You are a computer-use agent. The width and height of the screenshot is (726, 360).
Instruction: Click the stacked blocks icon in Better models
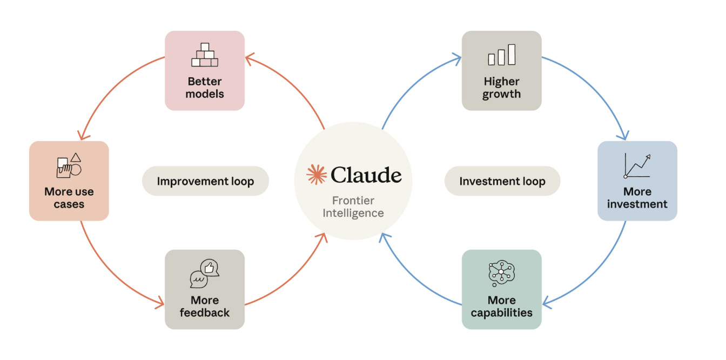[x=205, y=55]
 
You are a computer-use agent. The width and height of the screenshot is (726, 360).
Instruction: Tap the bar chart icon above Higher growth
[x=501, y=55]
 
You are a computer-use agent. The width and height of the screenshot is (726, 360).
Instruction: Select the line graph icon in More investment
[x=637, y=165]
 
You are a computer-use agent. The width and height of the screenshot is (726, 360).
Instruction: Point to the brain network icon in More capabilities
[x=501, y=274]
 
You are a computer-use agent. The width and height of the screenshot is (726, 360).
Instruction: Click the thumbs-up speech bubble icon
[x=205, y=274]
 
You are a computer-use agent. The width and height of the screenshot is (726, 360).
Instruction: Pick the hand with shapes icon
[x=69, y=165]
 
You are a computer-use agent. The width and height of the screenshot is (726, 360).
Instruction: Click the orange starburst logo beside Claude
[x=317, y=175]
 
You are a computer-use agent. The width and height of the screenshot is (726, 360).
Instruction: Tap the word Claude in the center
[x=366, y=175]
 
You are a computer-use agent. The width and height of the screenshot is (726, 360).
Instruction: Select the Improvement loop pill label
[x=205, y=181]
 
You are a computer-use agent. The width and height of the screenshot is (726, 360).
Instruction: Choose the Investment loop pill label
[x=502, y=181]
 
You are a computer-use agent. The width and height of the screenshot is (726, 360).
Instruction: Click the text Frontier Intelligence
[x=353, y=206]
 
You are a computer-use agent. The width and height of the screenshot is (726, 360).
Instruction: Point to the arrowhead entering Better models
[x=249, y=59]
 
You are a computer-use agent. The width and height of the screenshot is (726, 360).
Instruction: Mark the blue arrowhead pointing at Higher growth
[x=458, y=59]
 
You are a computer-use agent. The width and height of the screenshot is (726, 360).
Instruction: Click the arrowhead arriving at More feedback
[x=160, y=303]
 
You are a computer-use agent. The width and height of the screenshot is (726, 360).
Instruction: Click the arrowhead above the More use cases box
[x=83, y=136]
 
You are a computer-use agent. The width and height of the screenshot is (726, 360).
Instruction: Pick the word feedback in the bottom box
[x=205, y=312]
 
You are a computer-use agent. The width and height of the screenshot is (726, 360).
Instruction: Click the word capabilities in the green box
[x=501, y=313]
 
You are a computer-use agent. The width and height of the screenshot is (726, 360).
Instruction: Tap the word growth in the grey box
[x=501, y=95]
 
